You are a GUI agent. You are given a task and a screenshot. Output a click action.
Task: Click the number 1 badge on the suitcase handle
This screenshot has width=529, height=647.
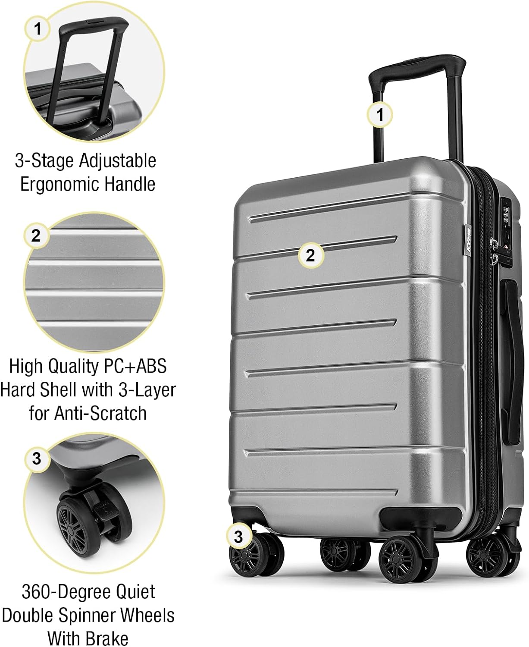click(x=379, y=115)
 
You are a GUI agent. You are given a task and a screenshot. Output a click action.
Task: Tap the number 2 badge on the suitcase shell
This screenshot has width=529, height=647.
click(x=310, y=255)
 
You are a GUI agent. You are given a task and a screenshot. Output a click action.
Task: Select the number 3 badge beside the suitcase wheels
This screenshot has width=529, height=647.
click(x=238, y=537)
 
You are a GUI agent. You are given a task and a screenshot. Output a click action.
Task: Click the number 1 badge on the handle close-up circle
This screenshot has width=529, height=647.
click(x=38, y=29)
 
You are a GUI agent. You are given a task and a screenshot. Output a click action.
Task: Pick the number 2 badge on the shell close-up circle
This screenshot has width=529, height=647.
click(x=36, y=236)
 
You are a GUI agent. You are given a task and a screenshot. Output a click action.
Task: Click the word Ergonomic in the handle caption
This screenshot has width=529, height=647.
click(x=60, y=184)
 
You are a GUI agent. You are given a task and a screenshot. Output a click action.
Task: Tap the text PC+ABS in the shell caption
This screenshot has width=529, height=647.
click(x=135, y=366)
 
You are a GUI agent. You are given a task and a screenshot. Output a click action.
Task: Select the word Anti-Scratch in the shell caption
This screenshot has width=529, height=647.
click(x=100, y=413)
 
